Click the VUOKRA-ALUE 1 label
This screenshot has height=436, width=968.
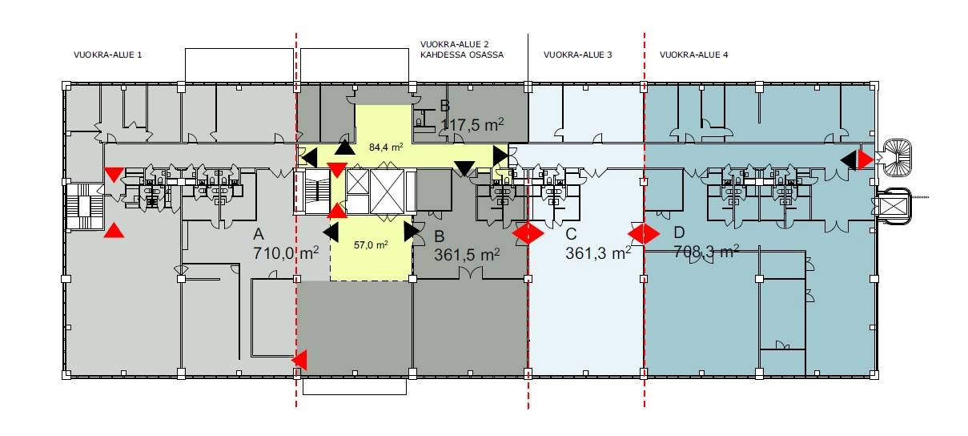point(107,55)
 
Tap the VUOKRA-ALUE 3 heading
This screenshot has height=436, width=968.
point(578,55)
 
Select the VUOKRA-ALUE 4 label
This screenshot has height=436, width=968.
point(693,55)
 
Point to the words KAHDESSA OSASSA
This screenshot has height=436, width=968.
point(462,55)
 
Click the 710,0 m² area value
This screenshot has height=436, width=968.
point(286,252)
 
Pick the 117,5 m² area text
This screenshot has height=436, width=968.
point(472,125)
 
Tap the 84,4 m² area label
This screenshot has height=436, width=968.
point(386,147)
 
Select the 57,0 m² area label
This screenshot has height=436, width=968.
point(371,245)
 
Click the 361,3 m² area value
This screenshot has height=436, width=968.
point(598,252)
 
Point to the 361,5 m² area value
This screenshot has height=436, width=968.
point(467,254)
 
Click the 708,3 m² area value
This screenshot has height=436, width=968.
point(706,252)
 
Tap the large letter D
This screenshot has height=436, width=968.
point(679,232)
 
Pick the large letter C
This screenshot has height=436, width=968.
point(572,234)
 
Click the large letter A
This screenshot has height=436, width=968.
point(259,234)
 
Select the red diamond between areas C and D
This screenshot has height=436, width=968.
point(644,234)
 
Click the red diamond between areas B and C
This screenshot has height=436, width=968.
point(528,234)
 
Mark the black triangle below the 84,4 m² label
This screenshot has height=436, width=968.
point(464,168)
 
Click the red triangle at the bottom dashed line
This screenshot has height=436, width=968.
point(299,360)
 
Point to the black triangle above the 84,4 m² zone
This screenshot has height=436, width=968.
point(345,147)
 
